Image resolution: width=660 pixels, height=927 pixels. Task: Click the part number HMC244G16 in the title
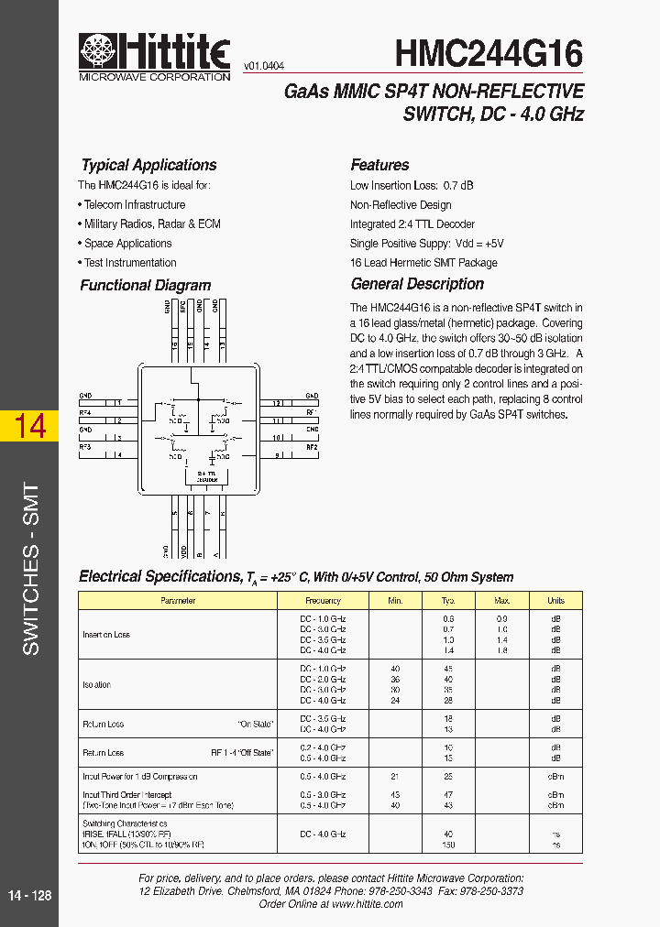(489, 53)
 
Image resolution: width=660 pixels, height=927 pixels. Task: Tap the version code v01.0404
(264, 66)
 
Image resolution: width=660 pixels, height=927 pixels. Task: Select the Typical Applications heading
(148, 165)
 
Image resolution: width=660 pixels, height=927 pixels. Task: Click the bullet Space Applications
(127, 244)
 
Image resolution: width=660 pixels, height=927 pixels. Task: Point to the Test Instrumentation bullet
(130, 263)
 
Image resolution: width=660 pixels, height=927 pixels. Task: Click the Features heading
(379, 165)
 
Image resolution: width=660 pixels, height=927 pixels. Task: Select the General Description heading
(417, 284)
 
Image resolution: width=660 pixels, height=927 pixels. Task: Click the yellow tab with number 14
(30, 426)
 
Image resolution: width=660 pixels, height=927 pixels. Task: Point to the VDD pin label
(183, 551)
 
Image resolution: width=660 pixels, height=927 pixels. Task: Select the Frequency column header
(323, 601)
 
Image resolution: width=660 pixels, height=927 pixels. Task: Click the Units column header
(555, 601)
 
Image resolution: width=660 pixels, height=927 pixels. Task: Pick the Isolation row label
(96, 684)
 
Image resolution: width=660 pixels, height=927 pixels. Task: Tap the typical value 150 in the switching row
(448, 845)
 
